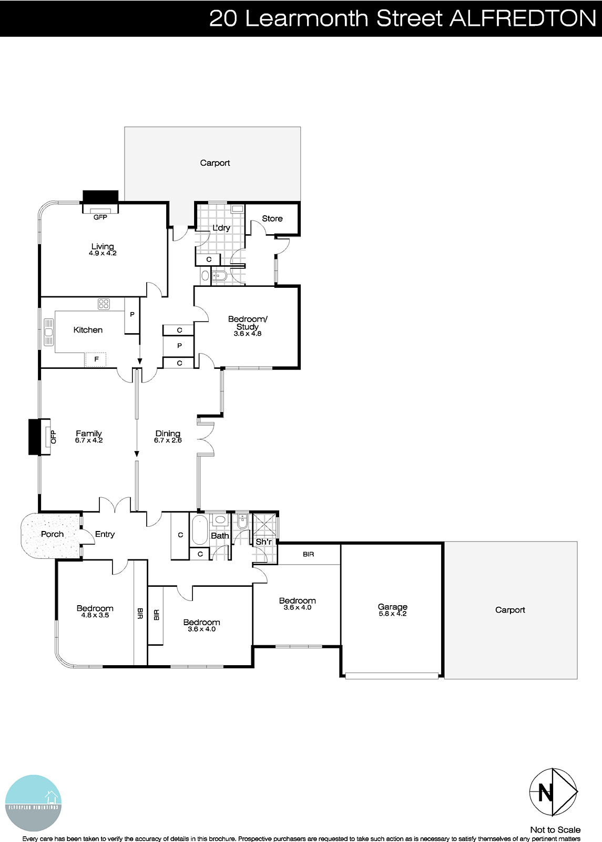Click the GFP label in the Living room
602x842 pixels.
(100, 217)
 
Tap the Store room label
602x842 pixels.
(272, 218)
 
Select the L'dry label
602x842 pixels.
(221, 228)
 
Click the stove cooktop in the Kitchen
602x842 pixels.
(103, 304)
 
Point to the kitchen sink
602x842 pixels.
(49, 332)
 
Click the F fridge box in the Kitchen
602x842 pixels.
(96, 359)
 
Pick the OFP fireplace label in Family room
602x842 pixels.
(53, 436)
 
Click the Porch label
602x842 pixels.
(52, 534)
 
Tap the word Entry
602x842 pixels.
(105, 534)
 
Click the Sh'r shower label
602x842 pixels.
(263, 542)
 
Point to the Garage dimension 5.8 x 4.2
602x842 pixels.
(392, 614)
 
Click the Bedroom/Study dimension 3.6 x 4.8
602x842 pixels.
(248, 334)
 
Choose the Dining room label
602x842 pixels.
(168, 434)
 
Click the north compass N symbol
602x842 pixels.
(546, 793)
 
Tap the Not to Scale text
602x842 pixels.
(555, 830)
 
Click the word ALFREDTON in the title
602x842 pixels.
(523, 18)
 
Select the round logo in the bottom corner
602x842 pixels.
(33, 803)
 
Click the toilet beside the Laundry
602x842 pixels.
(219, 275)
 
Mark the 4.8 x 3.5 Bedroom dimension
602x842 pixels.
(95, 615)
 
